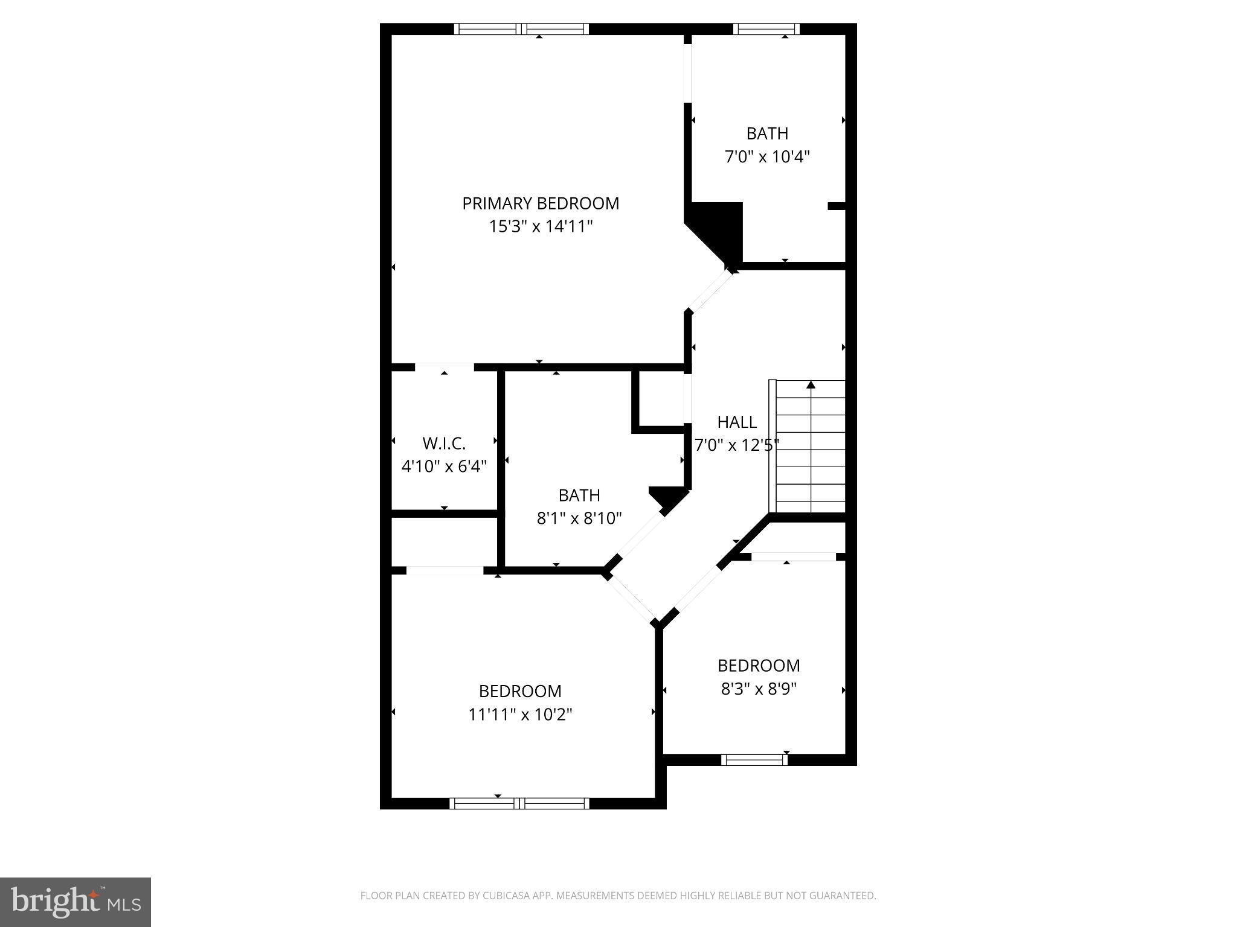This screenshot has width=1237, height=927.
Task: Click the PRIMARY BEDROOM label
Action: click(541, 203)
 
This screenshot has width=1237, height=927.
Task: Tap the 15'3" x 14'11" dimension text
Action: click(541, 227)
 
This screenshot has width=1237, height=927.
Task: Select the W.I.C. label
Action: click(444, 444)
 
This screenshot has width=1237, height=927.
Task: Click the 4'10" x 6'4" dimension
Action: click(444, 467)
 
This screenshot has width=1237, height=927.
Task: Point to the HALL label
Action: click(737, 422)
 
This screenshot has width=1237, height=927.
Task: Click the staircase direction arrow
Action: click(811, 385)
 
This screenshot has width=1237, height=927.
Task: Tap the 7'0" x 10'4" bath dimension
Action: click(767, 157)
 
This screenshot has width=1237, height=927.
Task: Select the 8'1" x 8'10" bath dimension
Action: click(579, 518)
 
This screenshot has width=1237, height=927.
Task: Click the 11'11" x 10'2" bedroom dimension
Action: click(520, 715)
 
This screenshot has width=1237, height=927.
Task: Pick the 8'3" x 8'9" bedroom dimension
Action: click(759, 689)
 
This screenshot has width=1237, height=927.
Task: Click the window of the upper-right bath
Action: click(766, 29)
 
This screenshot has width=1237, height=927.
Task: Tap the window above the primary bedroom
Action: click(521, 29)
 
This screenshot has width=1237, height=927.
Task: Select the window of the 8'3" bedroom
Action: click(754, 760)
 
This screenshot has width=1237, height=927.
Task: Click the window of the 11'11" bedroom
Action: click(519, 803)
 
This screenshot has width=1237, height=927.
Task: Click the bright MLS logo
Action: click(75, 902)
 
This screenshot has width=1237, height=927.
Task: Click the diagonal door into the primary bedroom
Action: click(711, 291)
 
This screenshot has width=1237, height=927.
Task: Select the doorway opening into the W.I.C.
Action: click(444, 367)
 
